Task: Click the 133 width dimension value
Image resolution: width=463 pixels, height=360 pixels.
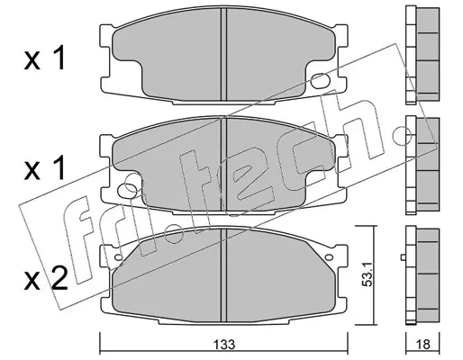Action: [x=225, y=345]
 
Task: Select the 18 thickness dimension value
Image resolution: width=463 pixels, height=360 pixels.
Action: [x=423, y=345]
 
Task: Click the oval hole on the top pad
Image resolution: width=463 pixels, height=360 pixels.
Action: [x=321, y=81]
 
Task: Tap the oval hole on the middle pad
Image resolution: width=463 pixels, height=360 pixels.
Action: [x=127, y=190]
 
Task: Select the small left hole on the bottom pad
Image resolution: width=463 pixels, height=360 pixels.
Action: [x=119, y=257]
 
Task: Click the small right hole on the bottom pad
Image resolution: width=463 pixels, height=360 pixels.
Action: [x=329, y=257]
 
